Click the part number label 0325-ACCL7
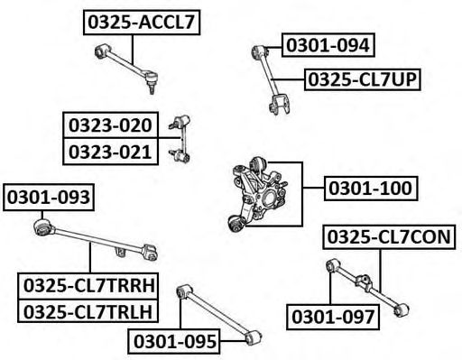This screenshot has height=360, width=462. tap(142, 23)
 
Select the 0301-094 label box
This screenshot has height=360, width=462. tap(328, 45)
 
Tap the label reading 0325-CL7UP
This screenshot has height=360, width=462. tap(363, 79)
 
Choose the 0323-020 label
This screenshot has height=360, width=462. tap(110, 125)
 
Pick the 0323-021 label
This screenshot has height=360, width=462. tap(110, 152)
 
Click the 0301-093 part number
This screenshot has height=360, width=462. tap(49, 198)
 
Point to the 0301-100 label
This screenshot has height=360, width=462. tap(371, 189)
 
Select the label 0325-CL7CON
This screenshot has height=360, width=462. tap(389, 236)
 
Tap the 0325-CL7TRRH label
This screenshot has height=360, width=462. tap(88, 285)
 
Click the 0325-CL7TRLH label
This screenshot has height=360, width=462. tap(88, 311)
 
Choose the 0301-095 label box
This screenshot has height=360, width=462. tap(174, 341)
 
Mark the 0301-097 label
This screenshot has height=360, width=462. tap(333, 317)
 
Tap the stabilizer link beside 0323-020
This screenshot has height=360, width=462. tap(180, 139)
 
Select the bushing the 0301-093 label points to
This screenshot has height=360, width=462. tap(42, 227)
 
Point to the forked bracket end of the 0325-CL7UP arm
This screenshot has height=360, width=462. tap(280, 105)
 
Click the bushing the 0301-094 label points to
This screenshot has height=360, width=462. tap(258, 51)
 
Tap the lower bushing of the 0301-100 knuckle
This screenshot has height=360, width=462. tap(237, 223)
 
